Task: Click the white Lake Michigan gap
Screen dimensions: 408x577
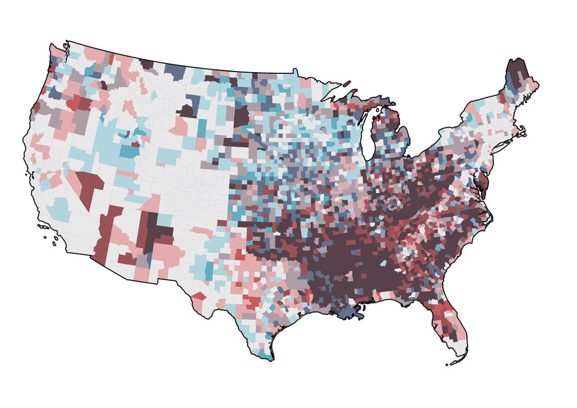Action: (368, 136)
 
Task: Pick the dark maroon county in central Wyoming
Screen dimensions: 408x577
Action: (186, 110)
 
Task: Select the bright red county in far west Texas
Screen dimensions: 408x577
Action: (198, 295)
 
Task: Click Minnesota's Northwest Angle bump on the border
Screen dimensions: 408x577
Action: (295, 71)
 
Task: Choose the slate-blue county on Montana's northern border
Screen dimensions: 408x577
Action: (173, 72)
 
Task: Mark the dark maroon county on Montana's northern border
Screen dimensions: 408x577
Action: (147, 64)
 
